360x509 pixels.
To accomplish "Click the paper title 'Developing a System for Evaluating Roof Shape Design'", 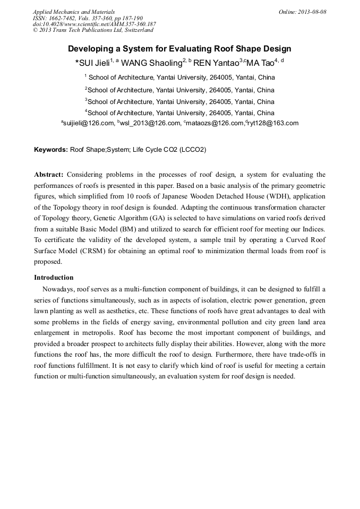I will [x=179, y=49].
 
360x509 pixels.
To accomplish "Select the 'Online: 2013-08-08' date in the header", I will [x=302, y=12].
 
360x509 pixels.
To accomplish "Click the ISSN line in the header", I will [x=88, y=18].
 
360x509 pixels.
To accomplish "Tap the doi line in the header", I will [x=95, y=24].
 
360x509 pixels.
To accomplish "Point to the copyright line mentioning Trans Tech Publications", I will [x=93, y=30].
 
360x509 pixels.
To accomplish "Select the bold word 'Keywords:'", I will [x=51, y=150].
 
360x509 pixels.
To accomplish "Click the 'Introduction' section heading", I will [x=54, y=278].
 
